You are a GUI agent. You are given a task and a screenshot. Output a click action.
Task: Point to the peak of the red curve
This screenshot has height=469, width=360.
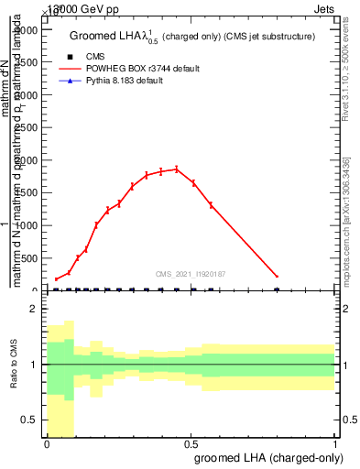pos(176,169)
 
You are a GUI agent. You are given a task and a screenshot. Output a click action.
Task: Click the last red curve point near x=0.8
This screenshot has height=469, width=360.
pos(277,276)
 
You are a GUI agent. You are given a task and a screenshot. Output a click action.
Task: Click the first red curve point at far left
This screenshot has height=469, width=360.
pos(56,279)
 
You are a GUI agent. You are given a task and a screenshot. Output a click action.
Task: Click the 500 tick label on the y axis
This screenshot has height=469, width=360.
pos(30,258)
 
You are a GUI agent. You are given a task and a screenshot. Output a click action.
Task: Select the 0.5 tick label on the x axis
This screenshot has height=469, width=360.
pos(191,443)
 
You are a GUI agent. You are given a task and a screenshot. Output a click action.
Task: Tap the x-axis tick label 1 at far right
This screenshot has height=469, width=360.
pos(336,443)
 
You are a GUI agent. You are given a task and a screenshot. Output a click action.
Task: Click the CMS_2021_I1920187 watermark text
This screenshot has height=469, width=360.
pos(191,273)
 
